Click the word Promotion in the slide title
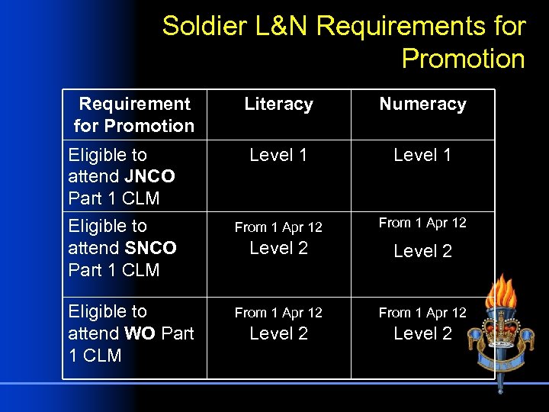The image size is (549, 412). point(463,58)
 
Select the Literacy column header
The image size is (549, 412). point(278,105)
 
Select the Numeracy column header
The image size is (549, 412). point(422,105)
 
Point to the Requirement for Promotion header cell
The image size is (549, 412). point(134,114)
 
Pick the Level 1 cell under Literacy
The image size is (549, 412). point(278,155)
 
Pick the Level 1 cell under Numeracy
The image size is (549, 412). point(422,155)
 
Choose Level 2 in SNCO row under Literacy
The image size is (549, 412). point(278,249)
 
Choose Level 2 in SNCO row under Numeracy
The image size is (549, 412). point(422,251)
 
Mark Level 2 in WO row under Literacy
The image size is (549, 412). point(278,333)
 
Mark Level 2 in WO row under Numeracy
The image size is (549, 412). point(422,333)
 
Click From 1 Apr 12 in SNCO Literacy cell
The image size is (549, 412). point(278,227)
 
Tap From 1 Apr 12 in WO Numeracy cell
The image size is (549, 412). point(422,313)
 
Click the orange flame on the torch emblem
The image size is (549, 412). point(502,295)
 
